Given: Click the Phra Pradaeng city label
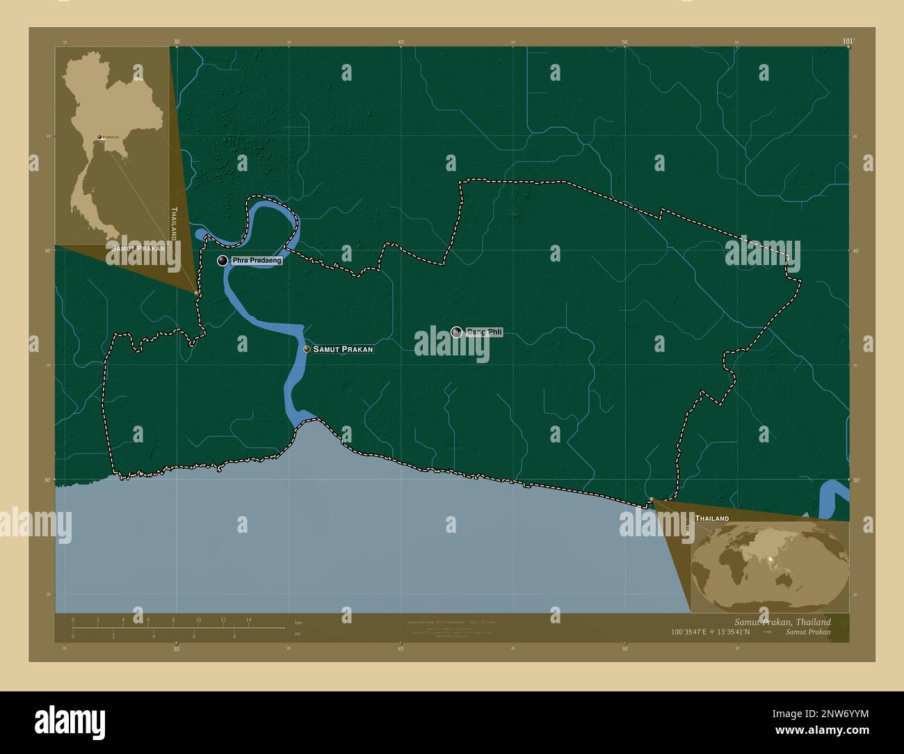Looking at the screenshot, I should coord(257,261).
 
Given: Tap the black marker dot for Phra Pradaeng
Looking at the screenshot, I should coord(223,261).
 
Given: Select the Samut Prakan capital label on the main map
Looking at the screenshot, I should coord(343,349).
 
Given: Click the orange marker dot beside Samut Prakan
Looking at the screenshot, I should coord(307,349).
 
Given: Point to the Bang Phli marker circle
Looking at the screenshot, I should coord(456,332).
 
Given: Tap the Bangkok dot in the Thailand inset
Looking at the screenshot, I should coord(99,137).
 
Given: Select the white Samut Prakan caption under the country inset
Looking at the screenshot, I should coord(136,248).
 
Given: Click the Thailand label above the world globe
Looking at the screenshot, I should coord(712,519).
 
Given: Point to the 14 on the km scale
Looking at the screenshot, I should coord(248,620).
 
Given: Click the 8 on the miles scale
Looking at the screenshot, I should coord(234,636).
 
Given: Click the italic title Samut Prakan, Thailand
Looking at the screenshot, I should coord(782,622).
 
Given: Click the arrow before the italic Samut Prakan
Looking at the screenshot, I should coord(767,633).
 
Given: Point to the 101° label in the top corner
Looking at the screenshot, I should coord(847,42).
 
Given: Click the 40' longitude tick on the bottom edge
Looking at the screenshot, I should coord(401,649).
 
